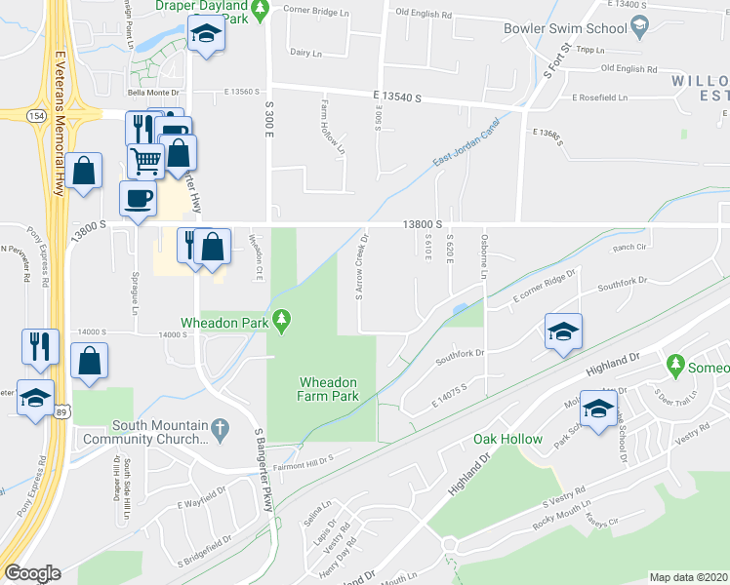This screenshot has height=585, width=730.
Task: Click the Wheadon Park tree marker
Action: click(x=282, y=319)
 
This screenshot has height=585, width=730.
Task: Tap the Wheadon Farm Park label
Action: click(x=328, y=389)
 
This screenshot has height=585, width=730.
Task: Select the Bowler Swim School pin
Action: click(x=640, y=28)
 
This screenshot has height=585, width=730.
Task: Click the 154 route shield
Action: click(x=36, y=115)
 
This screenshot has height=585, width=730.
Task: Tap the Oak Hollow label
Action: click(x=507, y=439)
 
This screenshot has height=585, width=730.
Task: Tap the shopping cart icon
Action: click(x=145, y=161)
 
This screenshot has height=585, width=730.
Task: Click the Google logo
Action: click(x=32, y=573)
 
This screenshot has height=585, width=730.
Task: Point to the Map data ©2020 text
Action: click(x=688, y=577)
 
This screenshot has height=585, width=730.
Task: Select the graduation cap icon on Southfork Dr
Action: click(x=563, y=331)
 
